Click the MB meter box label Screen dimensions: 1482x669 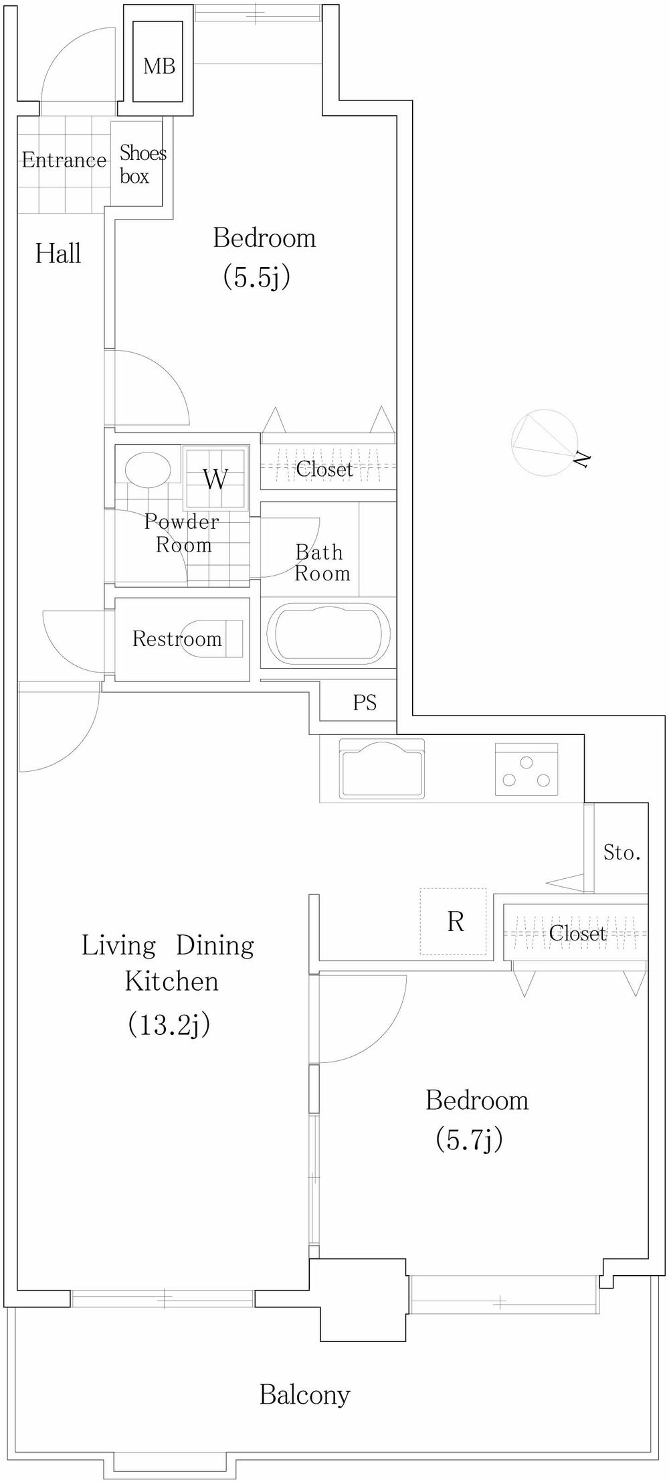(x=159, y=66)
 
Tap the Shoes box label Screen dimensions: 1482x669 (x=141, y=165)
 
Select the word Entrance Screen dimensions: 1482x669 (x=64, y=160)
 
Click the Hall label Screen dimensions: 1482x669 (x=58, y=254)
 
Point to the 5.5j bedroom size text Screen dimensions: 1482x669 (x=256, y=276)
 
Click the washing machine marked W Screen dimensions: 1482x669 (x=215, y=479)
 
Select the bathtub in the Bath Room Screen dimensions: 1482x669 (x=328, y=635)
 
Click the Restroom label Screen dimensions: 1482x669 (x=177, y=639)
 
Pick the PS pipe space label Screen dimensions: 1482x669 (x=365, y=702)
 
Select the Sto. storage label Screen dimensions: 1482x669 (x=622, y=852)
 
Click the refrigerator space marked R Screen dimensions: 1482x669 (x=455, y=922)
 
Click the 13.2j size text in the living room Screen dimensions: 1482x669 (x=169, y=1023)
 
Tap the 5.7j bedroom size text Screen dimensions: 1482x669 (x=469, y=1139)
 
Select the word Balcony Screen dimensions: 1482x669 (x=304, y=1394)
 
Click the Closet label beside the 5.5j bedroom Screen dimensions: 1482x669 (x=324, y=469)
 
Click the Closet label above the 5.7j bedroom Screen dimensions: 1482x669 (x=577, y=933)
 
